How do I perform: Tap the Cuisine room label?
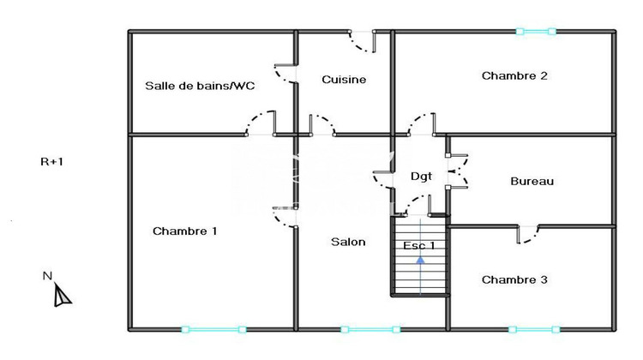point(344,80)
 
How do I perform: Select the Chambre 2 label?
point(514,75)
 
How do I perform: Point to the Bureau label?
point(532,181)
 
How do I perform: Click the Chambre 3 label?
point(514,279)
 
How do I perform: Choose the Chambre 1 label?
point(184,231)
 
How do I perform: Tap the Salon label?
point(348,242)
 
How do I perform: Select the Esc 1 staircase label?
point(419,246)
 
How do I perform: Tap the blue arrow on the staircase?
point(420,261)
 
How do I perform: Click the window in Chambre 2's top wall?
point(536,32)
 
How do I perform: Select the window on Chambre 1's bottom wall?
point(213,328)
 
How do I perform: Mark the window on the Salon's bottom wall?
point(370,328)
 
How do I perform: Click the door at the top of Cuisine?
point(362,39)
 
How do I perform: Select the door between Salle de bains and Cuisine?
point(286,72)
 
